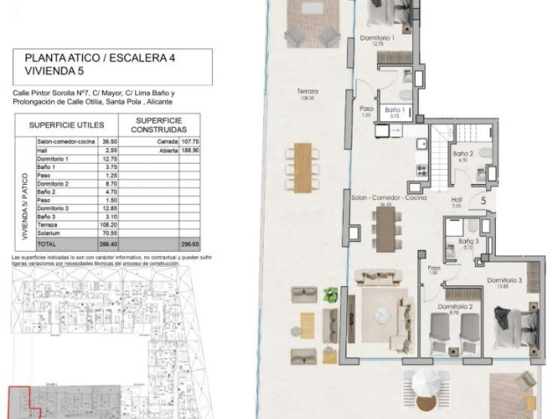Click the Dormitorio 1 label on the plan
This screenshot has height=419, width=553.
click(381, 38)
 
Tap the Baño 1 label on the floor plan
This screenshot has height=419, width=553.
click(395, 108)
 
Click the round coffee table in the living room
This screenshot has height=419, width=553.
click(382, 313)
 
